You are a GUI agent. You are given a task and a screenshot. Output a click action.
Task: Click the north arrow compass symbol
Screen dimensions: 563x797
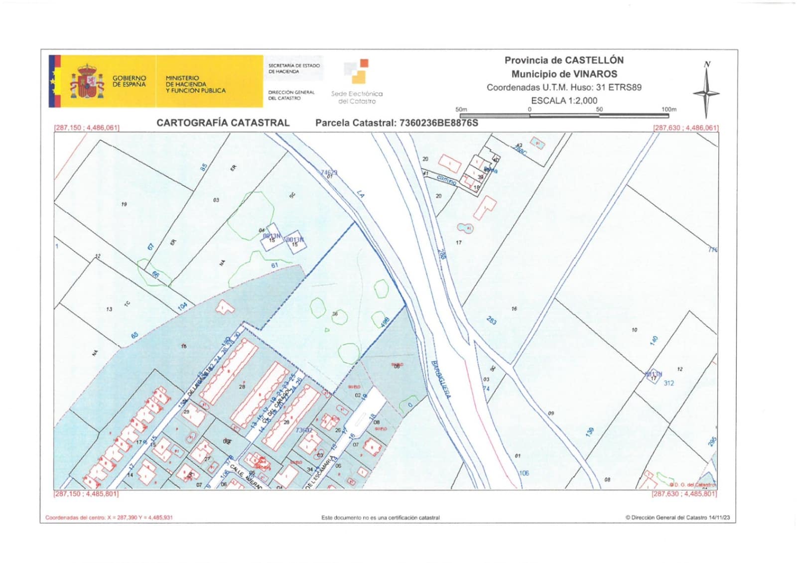[706, 93]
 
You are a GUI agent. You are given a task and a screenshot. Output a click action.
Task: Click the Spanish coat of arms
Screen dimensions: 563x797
[87, 82]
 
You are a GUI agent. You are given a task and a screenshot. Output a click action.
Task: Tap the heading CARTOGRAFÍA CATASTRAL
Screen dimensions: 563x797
[223, 123]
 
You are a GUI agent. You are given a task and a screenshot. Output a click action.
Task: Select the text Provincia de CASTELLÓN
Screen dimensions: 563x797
[564, 60]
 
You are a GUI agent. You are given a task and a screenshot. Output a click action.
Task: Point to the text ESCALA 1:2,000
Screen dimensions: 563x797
[564, 100]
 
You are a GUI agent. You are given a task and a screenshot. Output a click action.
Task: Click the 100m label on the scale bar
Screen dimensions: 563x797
[668, 109]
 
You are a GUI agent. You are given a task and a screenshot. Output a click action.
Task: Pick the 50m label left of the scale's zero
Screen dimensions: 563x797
[461, 109]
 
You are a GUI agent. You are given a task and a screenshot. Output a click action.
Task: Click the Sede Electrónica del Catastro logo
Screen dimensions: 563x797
[357, 82]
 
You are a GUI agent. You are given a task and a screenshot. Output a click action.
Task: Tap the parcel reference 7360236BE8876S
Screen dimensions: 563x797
[438, 123]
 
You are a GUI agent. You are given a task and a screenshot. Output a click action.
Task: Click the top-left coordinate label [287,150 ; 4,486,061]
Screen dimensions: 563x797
[87, 128]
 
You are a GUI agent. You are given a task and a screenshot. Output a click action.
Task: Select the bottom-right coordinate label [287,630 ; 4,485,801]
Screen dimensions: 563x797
[684, 494]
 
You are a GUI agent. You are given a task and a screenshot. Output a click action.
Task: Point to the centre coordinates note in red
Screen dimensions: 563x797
[109, 518]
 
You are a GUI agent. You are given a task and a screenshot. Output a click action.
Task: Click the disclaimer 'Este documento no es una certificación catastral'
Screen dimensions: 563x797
[381, 518]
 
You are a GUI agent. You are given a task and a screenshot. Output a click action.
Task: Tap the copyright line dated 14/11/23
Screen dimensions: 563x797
[677, 518]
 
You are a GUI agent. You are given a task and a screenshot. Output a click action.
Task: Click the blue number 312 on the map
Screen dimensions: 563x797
[668, 383]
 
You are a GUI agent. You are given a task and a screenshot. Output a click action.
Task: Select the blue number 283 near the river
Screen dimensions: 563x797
[491, 320]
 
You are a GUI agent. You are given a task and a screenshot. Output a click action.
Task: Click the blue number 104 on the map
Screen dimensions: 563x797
[182, 306]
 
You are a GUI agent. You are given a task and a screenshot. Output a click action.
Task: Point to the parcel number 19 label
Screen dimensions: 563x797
[124, 204]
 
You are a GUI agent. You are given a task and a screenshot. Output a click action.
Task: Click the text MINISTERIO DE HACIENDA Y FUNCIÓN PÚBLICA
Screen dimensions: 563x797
[195, 84]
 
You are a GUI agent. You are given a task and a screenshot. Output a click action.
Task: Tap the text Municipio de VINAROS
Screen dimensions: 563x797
[564, 74]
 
